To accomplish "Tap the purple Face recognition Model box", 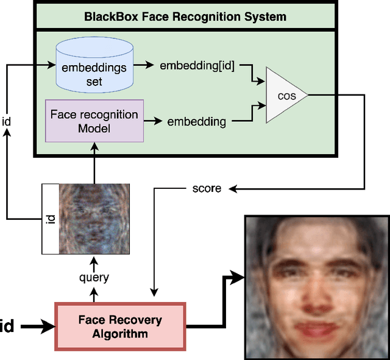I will tap(94, 121).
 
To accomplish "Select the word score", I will tap(207, 188).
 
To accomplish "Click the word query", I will tap(94, 277).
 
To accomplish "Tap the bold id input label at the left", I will tap(7, 326).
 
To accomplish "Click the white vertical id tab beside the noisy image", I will tap(50, 218).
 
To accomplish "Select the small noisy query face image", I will tap(94, 218).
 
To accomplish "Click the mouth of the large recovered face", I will tap(315, 330).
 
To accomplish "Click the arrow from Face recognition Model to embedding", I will tap(154, 121).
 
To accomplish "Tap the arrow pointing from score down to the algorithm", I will tap(155, 244).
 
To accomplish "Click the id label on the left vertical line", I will tap(7, 121).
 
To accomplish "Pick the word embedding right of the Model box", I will tap(196, 121).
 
